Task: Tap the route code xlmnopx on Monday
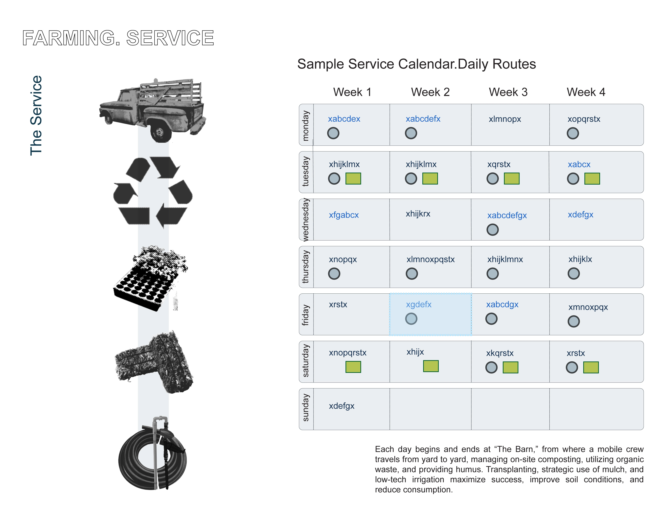pyautogui.click(x=505, y=119)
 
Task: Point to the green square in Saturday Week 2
pyautogui.click(x=431, y=366)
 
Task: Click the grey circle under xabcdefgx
pyautogui.click(x=492, y=229)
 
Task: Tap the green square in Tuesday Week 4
pyautogui.click(x=592, y=179)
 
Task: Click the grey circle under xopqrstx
pyautogui.click(x=573, y=133)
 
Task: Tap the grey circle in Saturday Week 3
pyautogui.click(x=491, y=367)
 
